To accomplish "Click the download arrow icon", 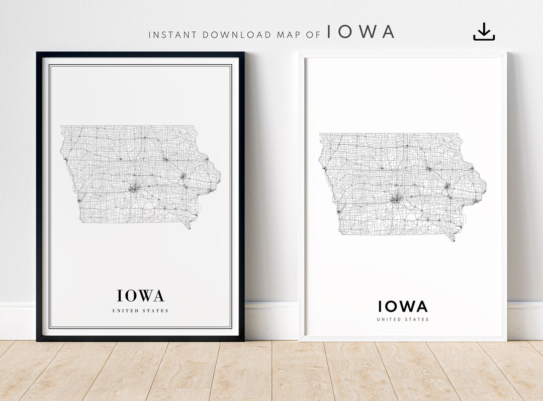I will coord(484,32).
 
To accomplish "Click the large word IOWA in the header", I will coord(360,32).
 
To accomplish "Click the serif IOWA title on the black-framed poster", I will coord(140,295).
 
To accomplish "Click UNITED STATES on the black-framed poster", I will coord(140,311).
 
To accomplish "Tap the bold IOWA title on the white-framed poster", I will coord(403,306).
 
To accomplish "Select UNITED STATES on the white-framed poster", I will coord(403,320).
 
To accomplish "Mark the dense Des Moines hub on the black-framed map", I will coord(134,189).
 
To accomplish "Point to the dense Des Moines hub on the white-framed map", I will coord(395,198).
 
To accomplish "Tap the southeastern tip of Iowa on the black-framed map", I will coord(189,228).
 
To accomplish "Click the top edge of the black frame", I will coord(140,54).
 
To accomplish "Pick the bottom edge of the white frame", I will coord(403,339).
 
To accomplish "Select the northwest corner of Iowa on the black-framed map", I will coord(62,127).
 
